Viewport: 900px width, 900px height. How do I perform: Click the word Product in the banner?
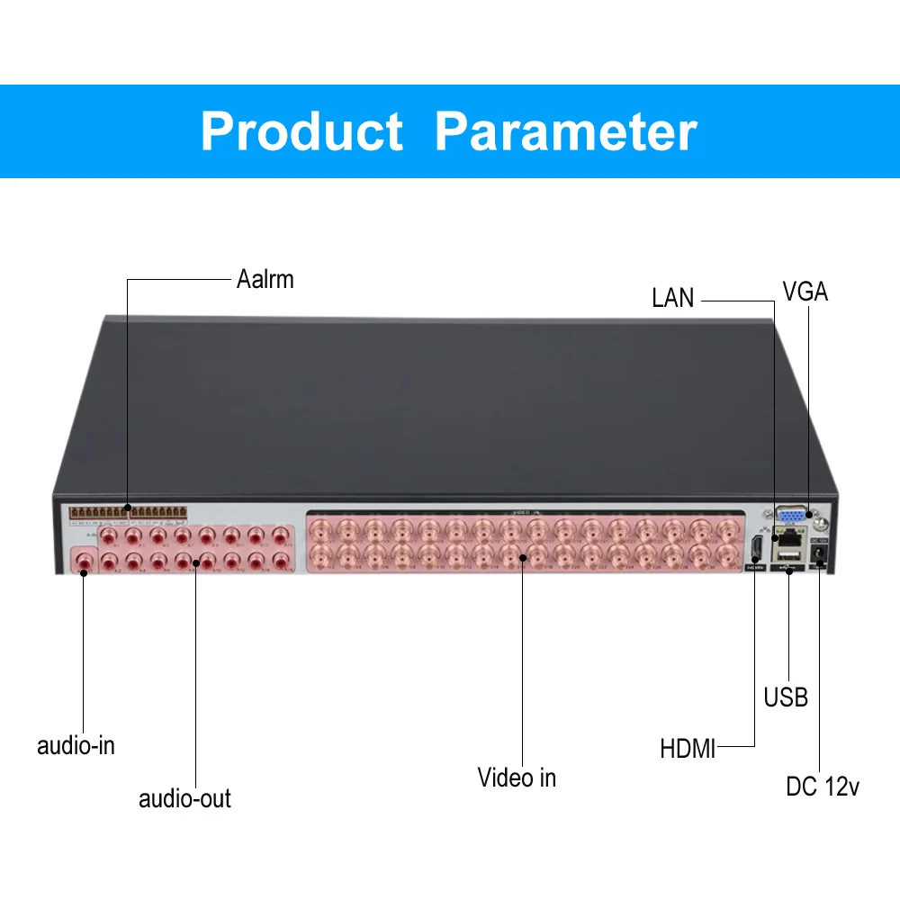point(301,131)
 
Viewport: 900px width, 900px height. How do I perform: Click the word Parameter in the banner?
point(565,131)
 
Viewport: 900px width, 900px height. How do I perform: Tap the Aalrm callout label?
point(265,279)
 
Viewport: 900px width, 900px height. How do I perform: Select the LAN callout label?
point(673,298)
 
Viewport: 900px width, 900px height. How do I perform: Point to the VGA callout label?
point(805,292)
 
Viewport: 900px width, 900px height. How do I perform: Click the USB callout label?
point(786,697)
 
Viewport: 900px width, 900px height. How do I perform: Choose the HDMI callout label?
point(688,748)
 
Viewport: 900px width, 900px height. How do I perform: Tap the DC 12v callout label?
point(823,787)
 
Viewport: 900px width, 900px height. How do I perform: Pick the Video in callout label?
point(517,778)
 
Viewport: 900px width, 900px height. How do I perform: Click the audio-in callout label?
point(76,745)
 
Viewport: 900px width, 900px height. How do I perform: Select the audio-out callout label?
point(184,798)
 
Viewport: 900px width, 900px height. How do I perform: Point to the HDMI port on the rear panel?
point(756,548)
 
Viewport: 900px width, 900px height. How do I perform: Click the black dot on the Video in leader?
point(522,557)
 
